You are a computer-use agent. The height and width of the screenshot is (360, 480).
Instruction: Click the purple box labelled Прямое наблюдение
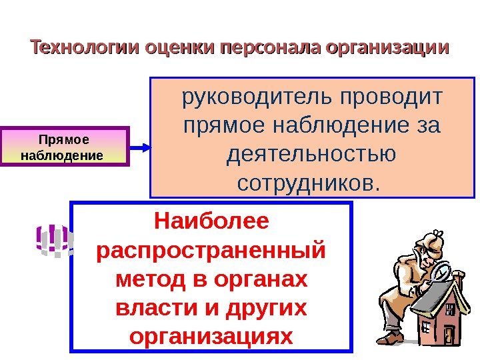[64, 147]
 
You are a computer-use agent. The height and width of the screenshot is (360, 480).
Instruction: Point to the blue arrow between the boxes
[140, 147]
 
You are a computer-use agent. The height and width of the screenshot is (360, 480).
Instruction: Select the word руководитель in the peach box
[257, 99]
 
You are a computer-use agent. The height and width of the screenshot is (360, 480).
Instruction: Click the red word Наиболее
[211, 220]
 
